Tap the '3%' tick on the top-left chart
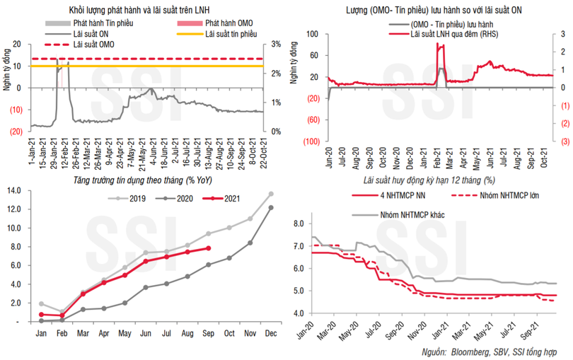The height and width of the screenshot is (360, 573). (276, 44)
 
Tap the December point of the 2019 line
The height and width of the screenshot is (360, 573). (271, 193)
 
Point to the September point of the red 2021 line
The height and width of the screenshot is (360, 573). (208, 248)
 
